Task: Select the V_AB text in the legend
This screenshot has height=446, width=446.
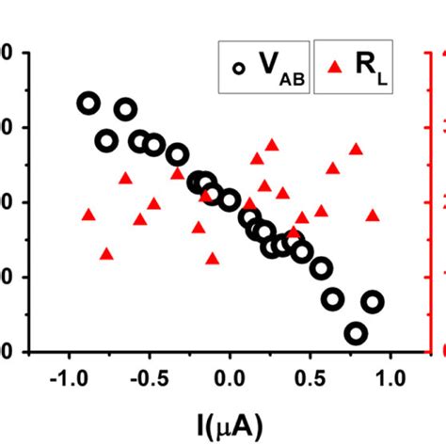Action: pos(278,66)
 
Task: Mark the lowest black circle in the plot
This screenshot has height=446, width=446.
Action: pos(356,333)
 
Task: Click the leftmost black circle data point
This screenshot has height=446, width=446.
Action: pos(88,104)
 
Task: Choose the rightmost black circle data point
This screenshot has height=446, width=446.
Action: pos(373,302)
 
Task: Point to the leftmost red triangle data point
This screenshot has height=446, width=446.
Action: pos(88,215)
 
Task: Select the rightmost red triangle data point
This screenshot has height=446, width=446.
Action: pos(373,215)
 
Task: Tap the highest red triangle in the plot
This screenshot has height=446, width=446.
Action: pos(272,145)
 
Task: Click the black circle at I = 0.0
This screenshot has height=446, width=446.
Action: pos(230,199)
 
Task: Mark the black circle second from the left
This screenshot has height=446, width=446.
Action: pos(106,141)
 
